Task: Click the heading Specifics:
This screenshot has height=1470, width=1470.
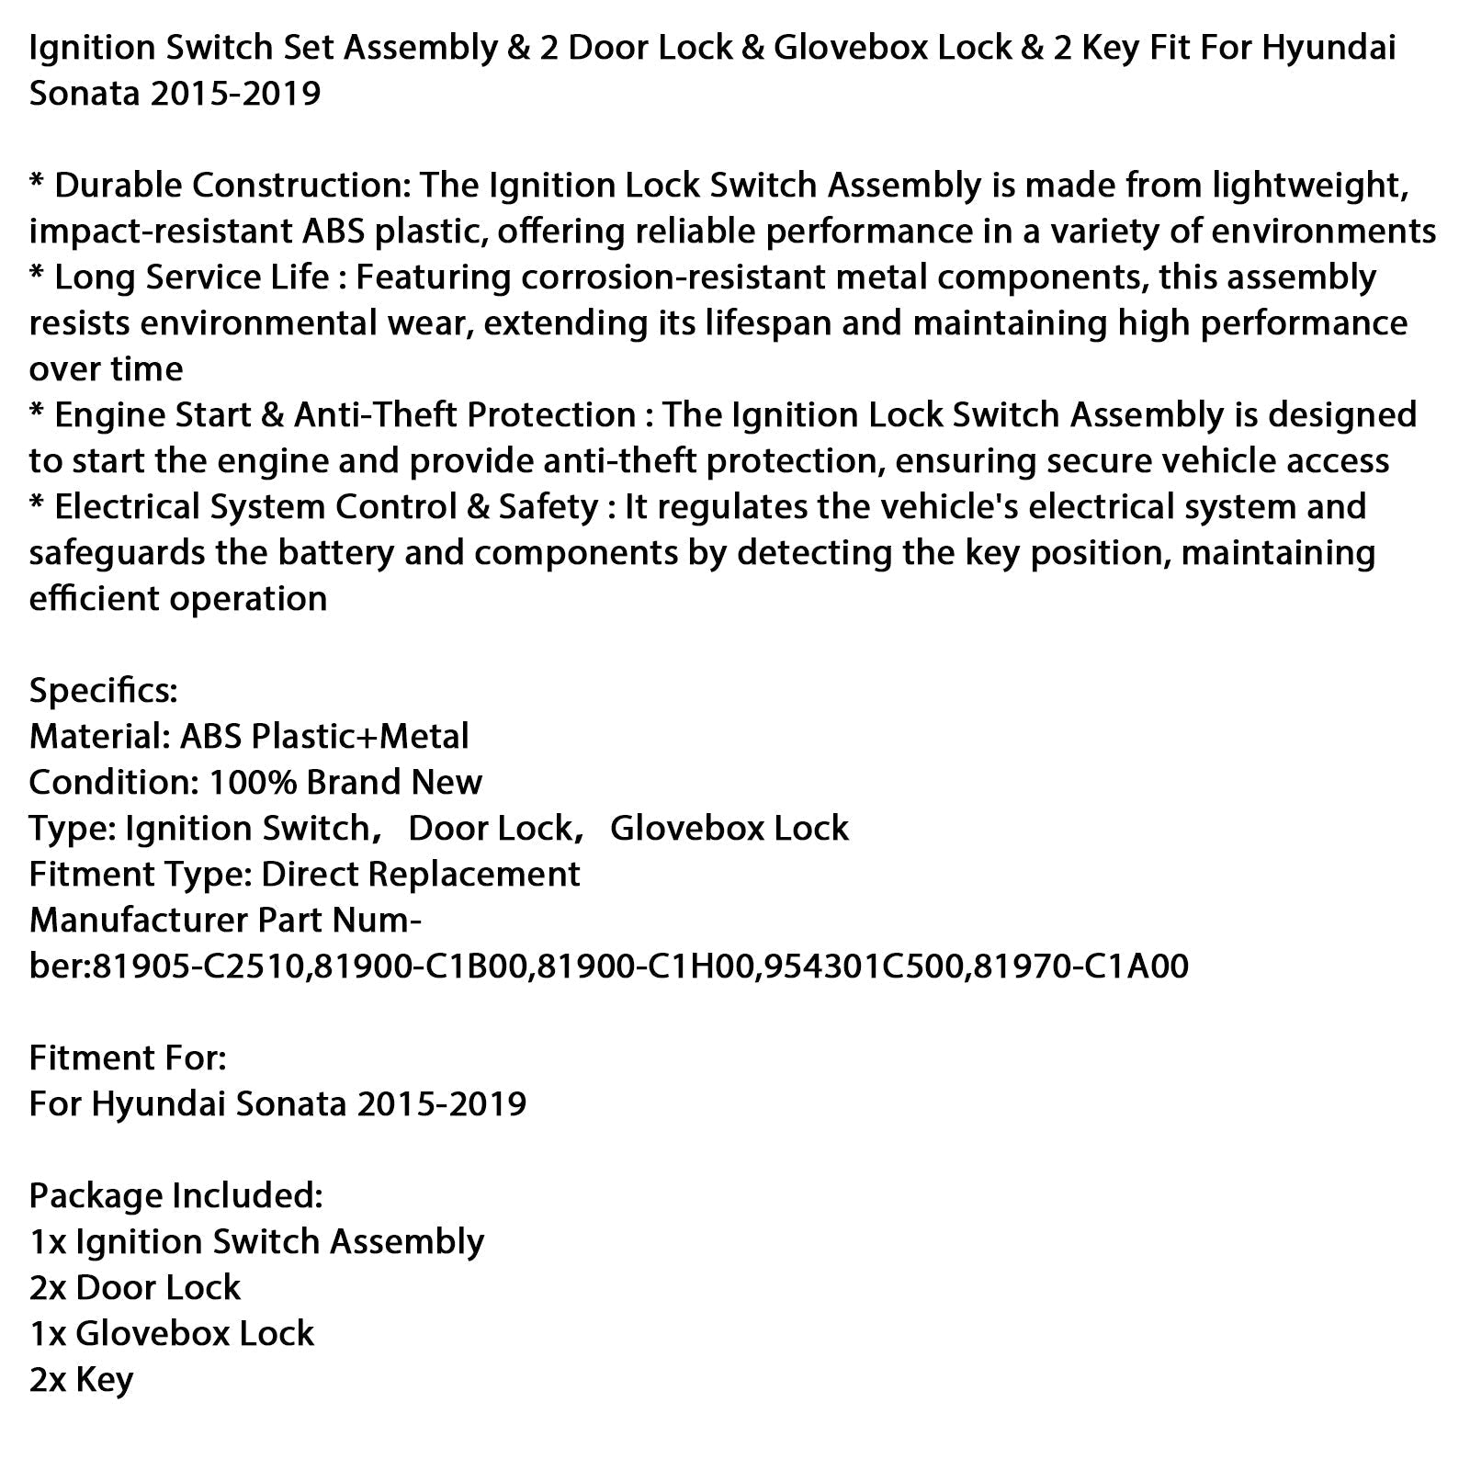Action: (103, 691)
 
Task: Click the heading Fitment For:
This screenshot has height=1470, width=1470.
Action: (128, 1058)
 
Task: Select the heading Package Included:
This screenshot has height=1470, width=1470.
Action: (175, 1196)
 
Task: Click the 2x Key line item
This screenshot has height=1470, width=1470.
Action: (82, 1380)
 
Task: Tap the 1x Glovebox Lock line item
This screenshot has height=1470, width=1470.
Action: (172, 1334)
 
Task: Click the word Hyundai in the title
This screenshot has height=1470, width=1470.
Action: (1329, 48)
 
